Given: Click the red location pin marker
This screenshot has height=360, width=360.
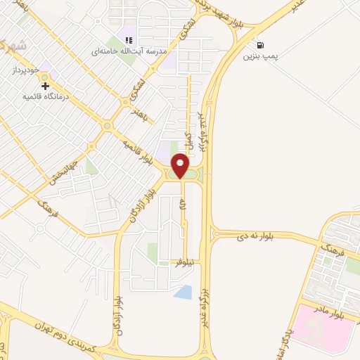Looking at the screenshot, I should point(181,165).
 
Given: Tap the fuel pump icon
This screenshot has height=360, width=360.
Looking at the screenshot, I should point(262,44).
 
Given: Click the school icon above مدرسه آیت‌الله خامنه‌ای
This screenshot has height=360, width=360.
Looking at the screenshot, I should point(128,41).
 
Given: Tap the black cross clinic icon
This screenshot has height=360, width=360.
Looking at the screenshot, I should point(46,86).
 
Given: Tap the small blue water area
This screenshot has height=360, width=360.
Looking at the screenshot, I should point(183,292).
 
